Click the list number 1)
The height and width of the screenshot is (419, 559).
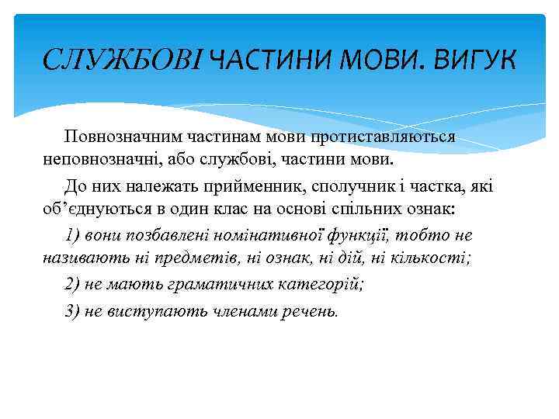tap(72, 236)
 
